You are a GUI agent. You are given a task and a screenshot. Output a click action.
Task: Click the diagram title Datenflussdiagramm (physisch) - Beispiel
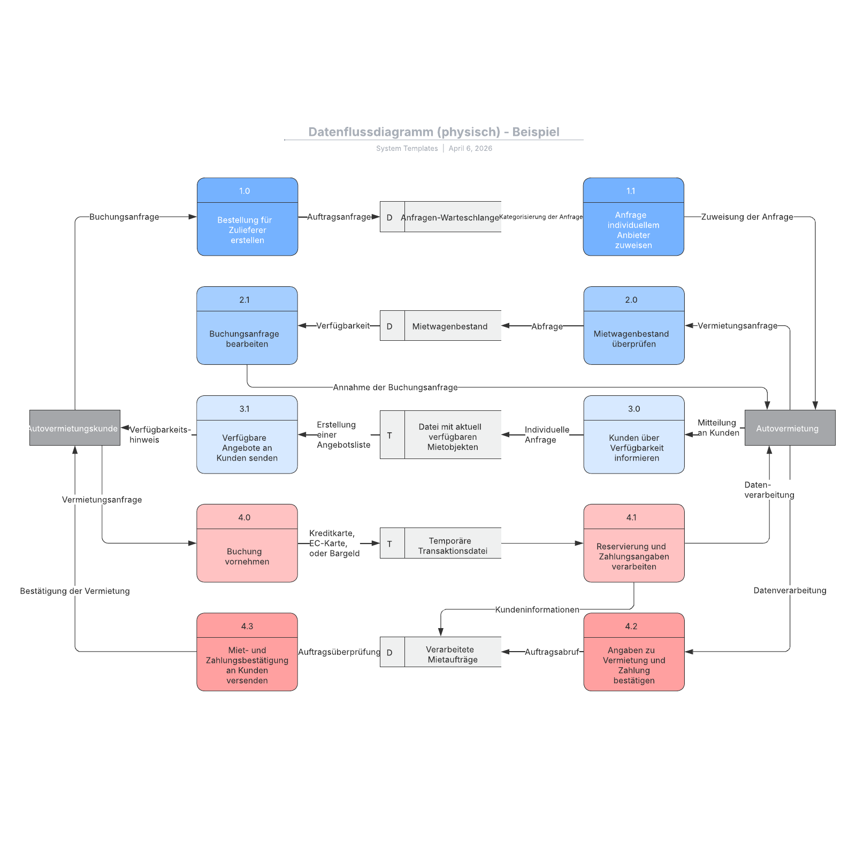[x=434, y=132]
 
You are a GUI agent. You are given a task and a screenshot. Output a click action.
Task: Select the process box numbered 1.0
[x=247, y=217]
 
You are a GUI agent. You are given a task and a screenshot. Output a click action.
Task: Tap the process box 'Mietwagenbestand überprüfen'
[x=634, y=325]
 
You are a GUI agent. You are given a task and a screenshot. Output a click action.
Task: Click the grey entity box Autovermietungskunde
[x=75, y=428]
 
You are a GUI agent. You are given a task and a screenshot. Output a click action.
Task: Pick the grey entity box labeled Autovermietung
[x=790, y=428]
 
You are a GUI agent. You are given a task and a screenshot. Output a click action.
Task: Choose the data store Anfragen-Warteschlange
[x=440, y=217]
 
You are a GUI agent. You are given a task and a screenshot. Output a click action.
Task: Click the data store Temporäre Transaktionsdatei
[x=440, y=543]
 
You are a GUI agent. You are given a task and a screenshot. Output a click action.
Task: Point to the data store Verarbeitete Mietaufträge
[x=440, y=652]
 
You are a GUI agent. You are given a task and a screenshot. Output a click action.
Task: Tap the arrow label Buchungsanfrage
[x=124, y=217]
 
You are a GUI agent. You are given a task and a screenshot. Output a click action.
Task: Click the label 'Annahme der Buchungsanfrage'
[x=395, y=387]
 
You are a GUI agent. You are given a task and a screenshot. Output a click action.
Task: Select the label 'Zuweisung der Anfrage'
[x=747, y=217]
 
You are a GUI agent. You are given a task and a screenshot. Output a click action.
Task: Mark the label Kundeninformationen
[x=537, y=609]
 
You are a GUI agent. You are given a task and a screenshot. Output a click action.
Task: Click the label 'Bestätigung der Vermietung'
[x=75, y=591]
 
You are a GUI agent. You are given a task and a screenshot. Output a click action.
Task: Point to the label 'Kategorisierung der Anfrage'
[x=541, y=217]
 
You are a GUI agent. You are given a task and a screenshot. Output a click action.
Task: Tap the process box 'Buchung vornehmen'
[x=247, y=543]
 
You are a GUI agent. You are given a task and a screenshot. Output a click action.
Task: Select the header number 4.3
[x=247, y=626]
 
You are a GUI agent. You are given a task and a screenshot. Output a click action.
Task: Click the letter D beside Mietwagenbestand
[x=389, y=326]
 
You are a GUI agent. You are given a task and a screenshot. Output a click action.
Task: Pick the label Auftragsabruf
[x=552, y=652]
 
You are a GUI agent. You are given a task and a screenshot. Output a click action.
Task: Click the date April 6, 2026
[x=470, y=148]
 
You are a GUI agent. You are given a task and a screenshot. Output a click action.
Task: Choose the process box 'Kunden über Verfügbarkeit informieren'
[x=634, y=434]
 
